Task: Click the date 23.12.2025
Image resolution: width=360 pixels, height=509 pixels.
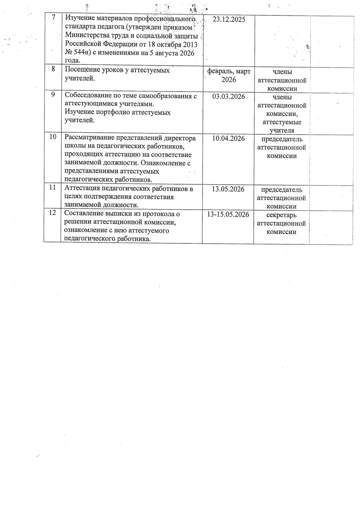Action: [x=228, y=19]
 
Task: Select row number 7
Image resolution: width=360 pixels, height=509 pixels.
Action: [x=53, y=17]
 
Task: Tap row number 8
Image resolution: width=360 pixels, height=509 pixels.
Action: [x=53, y=69]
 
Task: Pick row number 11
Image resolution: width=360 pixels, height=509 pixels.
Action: [x=53, y=187]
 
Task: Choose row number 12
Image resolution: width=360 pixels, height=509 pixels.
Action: [x=53, y=212]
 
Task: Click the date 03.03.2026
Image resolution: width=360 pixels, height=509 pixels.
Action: [x=228, y=97]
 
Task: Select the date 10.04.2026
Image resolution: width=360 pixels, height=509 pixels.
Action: [x=228, y=138]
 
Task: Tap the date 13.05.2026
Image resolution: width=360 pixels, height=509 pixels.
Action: [x=228, y=189]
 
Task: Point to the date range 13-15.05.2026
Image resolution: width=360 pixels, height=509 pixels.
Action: [x=228, y=214]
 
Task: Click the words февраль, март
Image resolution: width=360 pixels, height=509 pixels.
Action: [x=229, y=72]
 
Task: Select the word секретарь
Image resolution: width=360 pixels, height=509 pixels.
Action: [x=281, y=215]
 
